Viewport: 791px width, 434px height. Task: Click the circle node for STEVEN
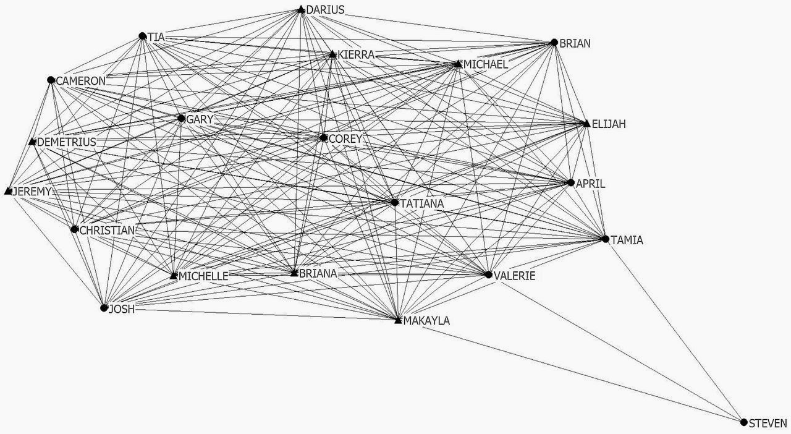click(743, 422)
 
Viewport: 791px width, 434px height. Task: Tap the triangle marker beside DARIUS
click(301, 9)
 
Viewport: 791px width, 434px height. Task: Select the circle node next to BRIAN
click(554, 43)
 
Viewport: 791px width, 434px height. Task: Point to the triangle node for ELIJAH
click(586, 124)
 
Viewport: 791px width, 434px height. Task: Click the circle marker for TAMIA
click(606, 239)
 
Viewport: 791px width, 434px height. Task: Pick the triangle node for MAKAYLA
click(398, 320)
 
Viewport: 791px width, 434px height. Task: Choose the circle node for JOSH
click(104, 308)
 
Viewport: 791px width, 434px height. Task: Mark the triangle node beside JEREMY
click(9, 191)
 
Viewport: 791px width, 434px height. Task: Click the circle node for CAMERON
click(51, 80)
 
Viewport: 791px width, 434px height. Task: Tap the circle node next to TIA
click(143, 36)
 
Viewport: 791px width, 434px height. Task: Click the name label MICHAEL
click(486, 64)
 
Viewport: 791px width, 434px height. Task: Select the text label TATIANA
click(422, 204)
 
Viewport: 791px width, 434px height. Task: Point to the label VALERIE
click(515, 276)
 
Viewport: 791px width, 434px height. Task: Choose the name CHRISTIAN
click(107, 231)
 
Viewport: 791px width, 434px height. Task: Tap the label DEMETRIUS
click(66, 142)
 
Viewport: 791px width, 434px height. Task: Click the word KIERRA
click(356, 55)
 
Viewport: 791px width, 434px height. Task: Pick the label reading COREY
click(345, 139)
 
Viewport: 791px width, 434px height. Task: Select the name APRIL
click(590, 184)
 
